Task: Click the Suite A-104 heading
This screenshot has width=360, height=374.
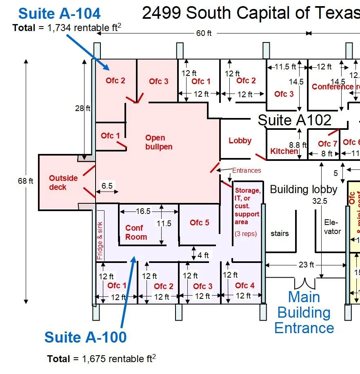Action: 60,14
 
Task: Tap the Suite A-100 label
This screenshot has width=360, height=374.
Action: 85,337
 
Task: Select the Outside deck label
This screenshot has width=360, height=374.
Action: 63,183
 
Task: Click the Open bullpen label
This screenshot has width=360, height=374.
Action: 158,142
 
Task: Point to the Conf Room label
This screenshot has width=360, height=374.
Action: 136,232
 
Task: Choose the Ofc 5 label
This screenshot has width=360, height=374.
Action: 200,223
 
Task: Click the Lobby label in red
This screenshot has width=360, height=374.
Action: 240,140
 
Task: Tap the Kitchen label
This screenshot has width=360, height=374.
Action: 284,151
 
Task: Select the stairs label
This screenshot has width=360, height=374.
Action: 280,234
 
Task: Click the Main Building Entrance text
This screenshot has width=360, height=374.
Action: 304,312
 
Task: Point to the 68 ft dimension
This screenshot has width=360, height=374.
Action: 25,181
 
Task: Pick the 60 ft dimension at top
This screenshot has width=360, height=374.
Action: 204,33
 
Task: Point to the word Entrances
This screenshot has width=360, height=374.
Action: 247,170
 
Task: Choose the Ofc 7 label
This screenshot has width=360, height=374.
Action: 327,144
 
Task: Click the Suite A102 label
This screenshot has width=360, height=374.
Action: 295,120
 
